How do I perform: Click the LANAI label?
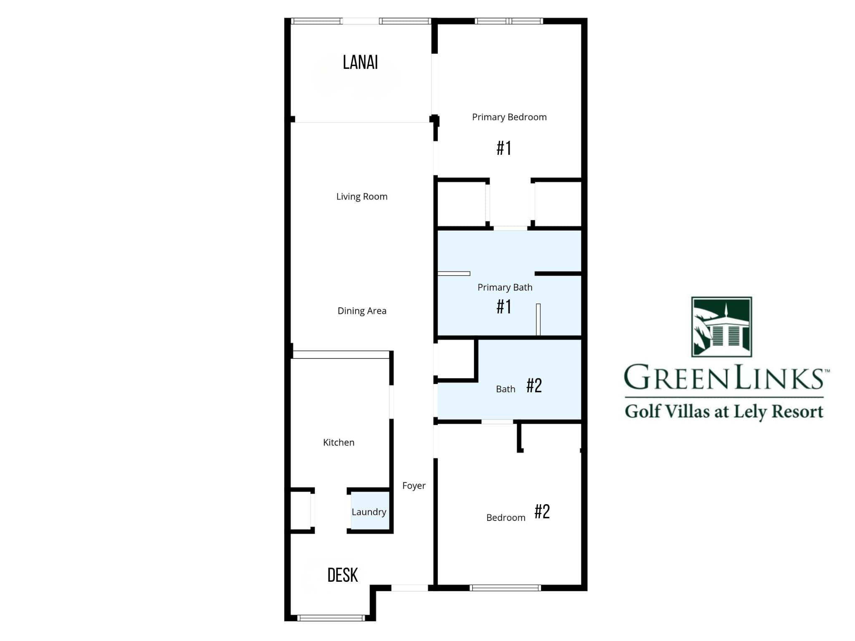click(360, 63)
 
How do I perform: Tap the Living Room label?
click(362, 197)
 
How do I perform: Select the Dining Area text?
click(362, 311)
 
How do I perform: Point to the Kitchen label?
click(339, 442)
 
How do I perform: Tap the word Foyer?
click(414, 486)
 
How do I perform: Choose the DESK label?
click(342, 575)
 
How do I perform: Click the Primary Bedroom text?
click(509, 117)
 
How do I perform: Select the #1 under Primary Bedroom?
click(504, 148)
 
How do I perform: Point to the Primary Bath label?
click(505, 288)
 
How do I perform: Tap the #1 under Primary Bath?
click(504, 307)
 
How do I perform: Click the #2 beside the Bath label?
click(534, 386)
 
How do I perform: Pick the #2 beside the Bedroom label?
click(542, 512)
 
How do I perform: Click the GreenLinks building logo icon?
click(721, 327)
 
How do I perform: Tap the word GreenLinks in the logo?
click(724, 378)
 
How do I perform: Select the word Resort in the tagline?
click(797, 411)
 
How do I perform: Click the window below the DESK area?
click(331, 618)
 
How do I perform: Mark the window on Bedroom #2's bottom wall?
click(505, 588)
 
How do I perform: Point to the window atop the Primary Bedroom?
click(508, 21)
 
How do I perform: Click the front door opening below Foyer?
click(410, 588)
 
